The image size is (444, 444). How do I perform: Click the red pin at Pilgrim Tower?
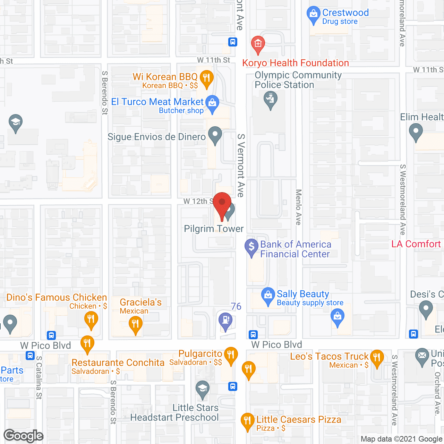click(222, 203)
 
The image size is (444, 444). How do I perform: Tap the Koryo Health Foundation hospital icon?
click(258, 44)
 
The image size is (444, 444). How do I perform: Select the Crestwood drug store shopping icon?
click(313, 14)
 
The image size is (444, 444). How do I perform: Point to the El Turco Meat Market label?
click(157, 102)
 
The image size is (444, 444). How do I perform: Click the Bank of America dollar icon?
click(251, 247)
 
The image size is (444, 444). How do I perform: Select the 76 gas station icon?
click(225, 319)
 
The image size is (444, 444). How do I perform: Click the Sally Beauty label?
click(303, 294)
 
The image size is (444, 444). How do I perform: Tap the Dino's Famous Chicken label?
click(57, 297)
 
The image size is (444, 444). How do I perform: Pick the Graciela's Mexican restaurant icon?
click(135, 324)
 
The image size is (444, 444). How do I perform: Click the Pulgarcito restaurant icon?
click(231, 355)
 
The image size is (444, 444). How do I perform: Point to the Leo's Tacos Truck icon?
click(377, 357)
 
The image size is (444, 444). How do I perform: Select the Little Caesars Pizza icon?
click(247, 420)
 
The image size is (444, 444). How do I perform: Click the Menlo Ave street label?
click(298, 207)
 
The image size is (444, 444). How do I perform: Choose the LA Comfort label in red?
click(416, 244)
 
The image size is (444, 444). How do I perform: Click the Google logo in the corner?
click(24, 436)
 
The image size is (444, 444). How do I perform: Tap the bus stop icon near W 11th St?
click(233, 42)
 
